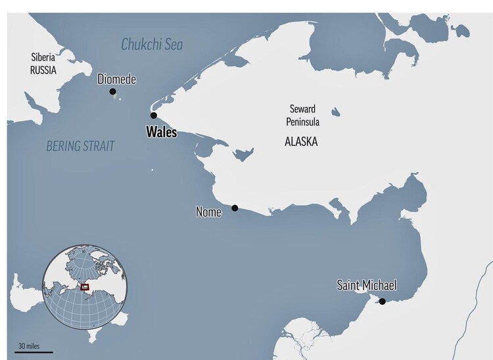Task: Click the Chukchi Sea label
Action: pyautogui.click(x=152, y=45)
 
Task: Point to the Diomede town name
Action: pyautogui.click(x=116, y=79)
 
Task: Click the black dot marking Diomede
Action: pyautogui.click(x=113, y=91)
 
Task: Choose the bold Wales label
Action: pyautogui.click(x=161, y=131)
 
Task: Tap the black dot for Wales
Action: pyautogui.click(x=153, y=115)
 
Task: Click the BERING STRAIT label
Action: pyautogui.click(x=80, y=146)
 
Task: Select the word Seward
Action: pyautogui.click(x=302, y=108)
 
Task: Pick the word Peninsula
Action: pyautogui.click(x=302, y=120)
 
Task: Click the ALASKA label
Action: pyautogui.click(x=301, y=141)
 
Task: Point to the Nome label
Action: pyautogui.click(x=208, y=212)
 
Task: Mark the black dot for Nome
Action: pyautogui.click(x=235, y=208)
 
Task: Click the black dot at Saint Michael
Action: pyautogui.click(x=382, y=302)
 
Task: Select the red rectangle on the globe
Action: pyautogui.click(x=84, y=286)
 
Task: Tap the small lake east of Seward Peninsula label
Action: pyautogui.click(x=336, y=112)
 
